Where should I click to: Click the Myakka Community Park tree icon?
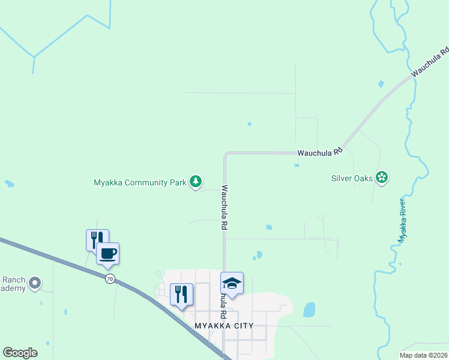tap(195, 181)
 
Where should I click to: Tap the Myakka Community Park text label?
tap(140, 182)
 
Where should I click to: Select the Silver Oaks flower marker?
tap(382, 177)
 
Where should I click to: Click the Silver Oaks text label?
tap(352, 178)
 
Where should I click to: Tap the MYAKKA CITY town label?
tap(224, 325)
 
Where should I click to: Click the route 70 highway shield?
tap(109, 278)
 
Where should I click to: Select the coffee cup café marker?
tap(108, 253)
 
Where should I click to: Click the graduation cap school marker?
tap(232, 283)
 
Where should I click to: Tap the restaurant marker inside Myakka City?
tap(181, 294)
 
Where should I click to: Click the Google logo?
tap(20, 353)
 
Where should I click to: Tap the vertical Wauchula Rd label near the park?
tap(224, 208)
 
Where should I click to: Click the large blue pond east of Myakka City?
tap(309, 310)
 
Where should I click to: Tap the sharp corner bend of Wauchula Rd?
tap(226, 154)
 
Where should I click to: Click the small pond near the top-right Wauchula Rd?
tap(381, 84)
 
